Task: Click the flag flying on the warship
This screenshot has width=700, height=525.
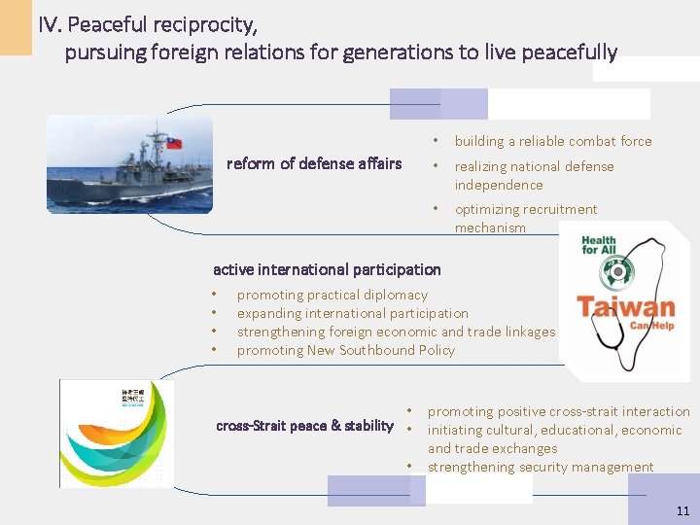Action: pyautogui.click(x=172, y=142)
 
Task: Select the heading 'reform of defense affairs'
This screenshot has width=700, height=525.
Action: pyautogui.click(x=313, y=163)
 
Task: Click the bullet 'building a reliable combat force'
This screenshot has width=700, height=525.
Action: pyautogui.click(x=552, y=141)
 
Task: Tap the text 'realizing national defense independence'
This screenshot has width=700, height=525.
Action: pyautogui.click(x=534, y=175)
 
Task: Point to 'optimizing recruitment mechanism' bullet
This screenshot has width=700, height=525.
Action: pyautogui.click(x=525, y=219)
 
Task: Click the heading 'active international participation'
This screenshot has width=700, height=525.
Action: pyautogui.click(x=327, y=269)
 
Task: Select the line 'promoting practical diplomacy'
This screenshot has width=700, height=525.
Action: pyautogui.click(x=332, y=295)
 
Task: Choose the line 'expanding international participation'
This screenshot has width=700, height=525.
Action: pyautogui.click(x=352, y=313)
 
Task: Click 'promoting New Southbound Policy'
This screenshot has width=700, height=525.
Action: pyautogui.click(x=345, y=350)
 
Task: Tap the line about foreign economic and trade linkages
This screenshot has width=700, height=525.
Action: pyautogui.click(x=396, y=332)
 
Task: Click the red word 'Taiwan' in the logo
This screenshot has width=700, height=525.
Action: pyautogui.click(x=625, y=307)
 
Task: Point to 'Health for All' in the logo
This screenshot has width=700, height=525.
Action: pyautogui.click(x=598, y=246)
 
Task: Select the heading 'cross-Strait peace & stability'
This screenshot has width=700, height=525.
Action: pyautogui.click(x=304, y=425)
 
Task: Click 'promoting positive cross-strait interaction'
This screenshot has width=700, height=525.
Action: pyautogui.click(x=558, y=412)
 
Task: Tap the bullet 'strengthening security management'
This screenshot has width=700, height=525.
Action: pyautogui.click(x=541, y=468)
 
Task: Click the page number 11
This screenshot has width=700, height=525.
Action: pyautogui.click(x=682, y=510)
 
